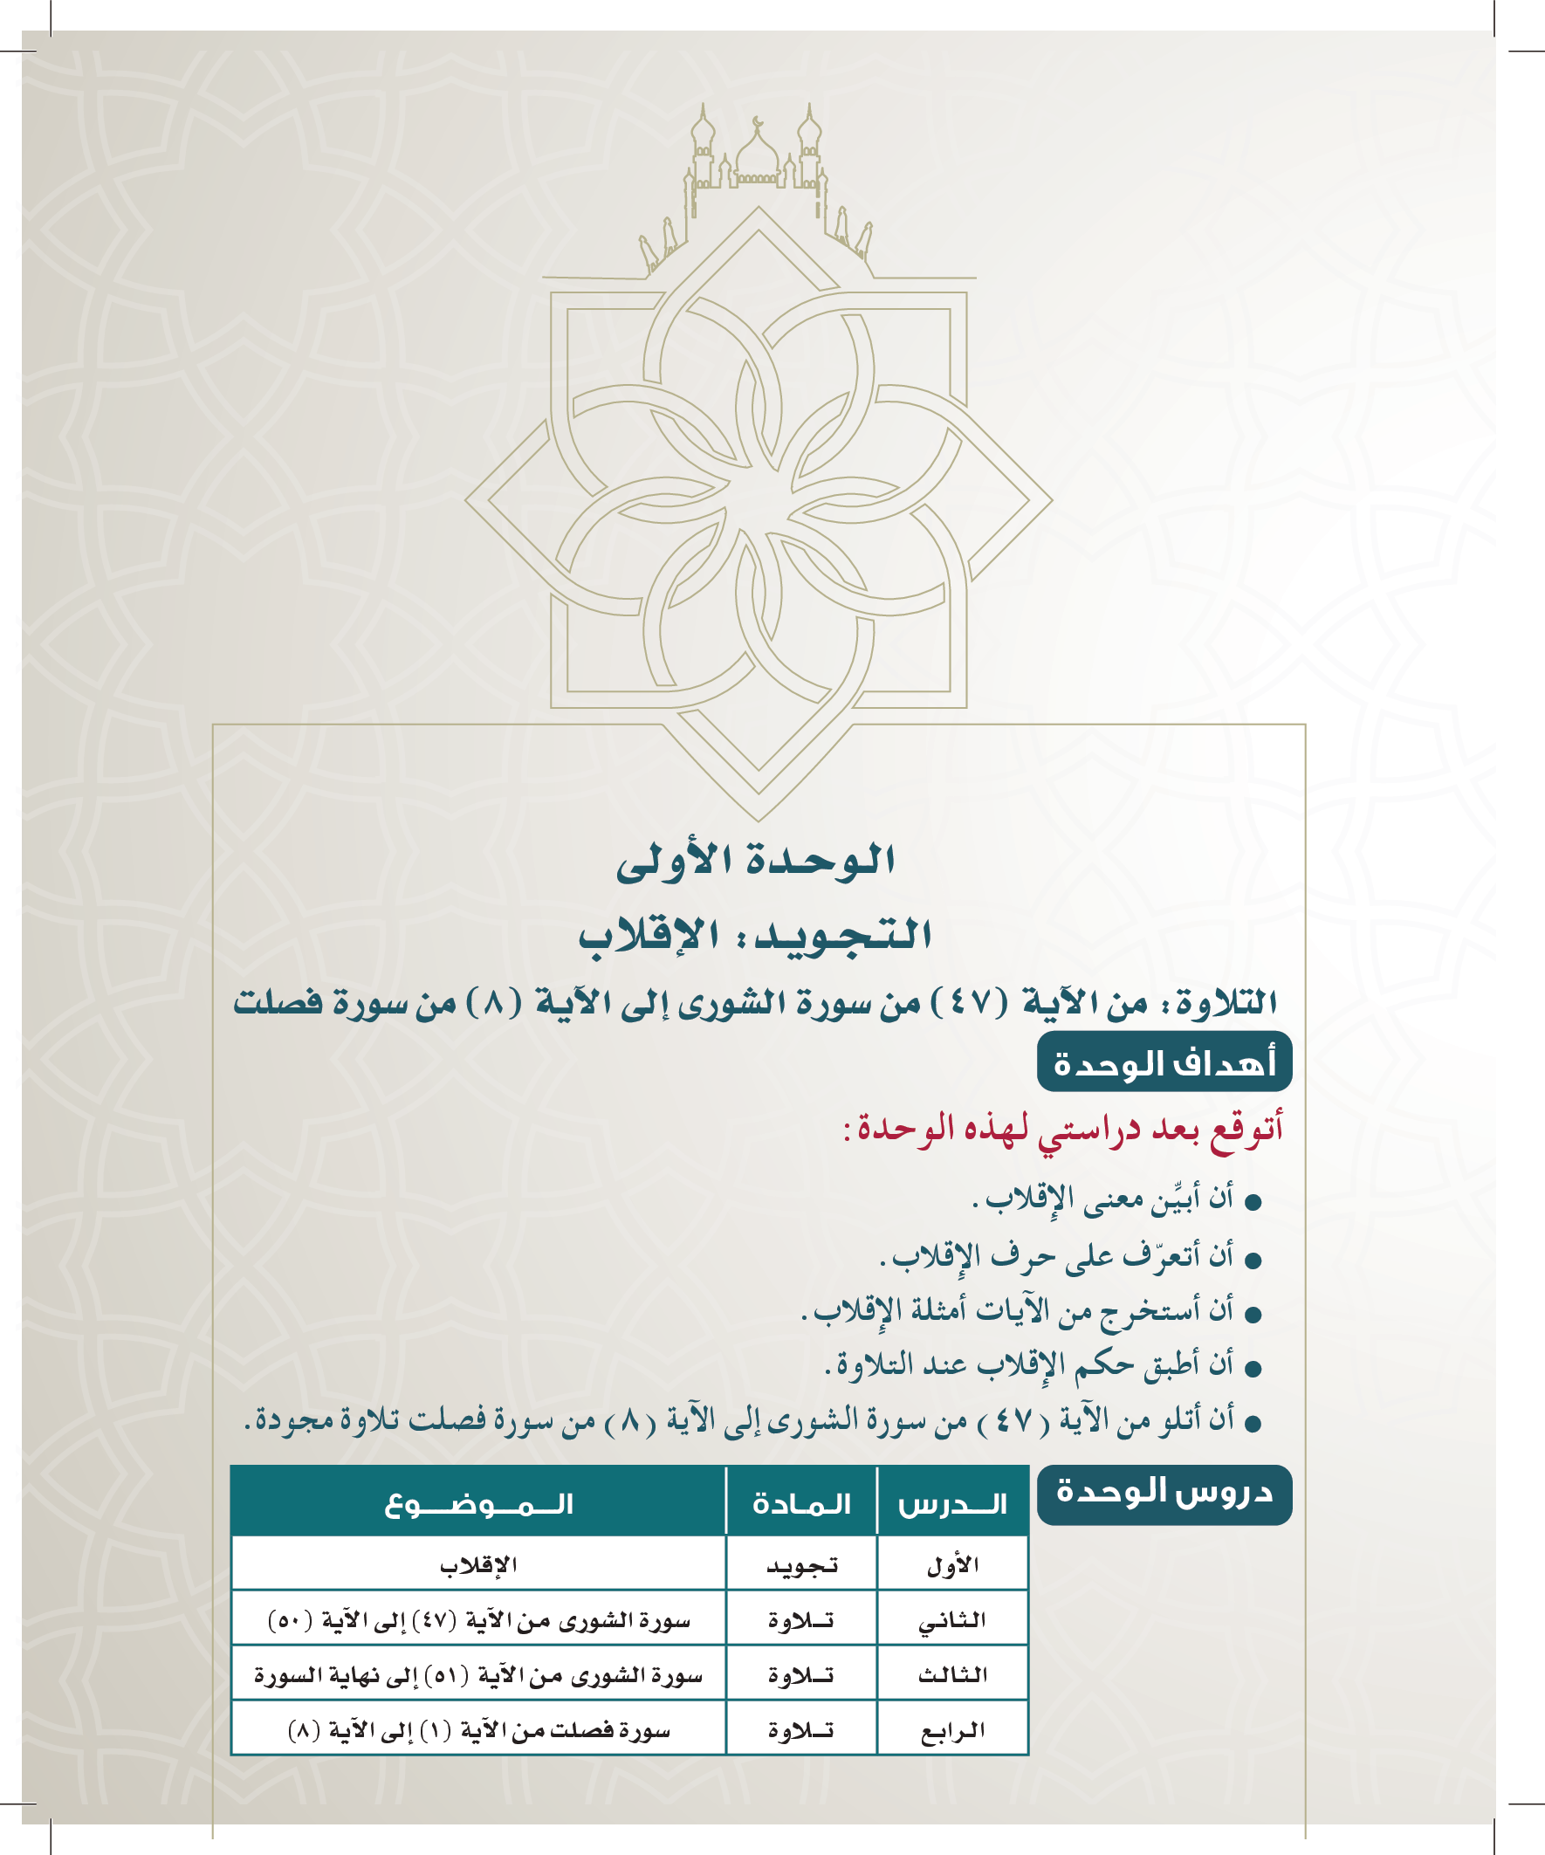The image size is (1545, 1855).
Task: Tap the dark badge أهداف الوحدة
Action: [x=1164, y=1062]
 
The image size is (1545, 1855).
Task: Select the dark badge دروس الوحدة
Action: [x=1164, y=1493]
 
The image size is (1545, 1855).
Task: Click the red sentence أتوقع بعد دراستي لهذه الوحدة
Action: [x=1062, y=1130]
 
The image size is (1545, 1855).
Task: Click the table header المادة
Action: [x=801, y=1503]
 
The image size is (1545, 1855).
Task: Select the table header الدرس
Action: [x=952, y=1503]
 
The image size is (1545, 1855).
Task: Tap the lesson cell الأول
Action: [x=952, y=1566]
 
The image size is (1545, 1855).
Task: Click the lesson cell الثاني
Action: [x=952, y=1621]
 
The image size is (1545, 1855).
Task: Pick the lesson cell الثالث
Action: [x=952, y=1675]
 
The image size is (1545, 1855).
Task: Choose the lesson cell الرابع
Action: [x=952, y=1730]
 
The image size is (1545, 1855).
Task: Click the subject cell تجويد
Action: [x=801, y=1566]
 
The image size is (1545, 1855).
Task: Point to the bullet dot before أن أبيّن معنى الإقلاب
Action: [x=1252, y=1202]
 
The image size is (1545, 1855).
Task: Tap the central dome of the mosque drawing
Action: [x=757, y=155]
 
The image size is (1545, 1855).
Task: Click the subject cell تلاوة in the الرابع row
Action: [x=801, y=1730]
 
